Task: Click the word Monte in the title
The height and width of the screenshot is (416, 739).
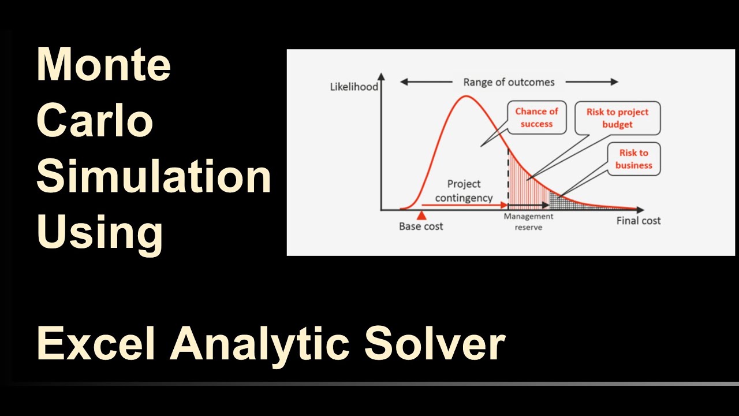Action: coord(104,65)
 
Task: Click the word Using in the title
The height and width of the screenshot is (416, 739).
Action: coord(100,232)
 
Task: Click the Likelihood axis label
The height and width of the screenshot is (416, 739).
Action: coord(354,87)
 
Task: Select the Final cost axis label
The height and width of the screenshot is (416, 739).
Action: coord(638,221)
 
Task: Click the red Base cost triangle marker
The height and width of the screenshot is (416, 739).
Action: coord(421,216)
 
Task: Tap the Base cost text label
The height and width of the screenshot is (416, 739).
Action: coord(421,226)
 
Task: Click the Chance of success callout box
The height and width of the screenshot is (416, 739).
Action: coord(536,118)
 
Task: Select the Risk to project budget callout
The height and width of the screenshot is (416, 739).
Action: coord(617,118)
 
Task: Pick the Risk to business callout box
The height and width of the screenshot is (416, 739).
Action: coord(633,159)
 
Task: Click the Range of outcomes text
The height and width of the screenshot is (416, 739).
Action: coord(509,82)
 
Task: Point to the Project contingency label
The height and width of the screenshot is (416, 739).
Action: coord(464,191)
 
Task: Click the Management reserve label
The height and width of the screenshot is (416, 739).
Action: coord(528,221)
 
